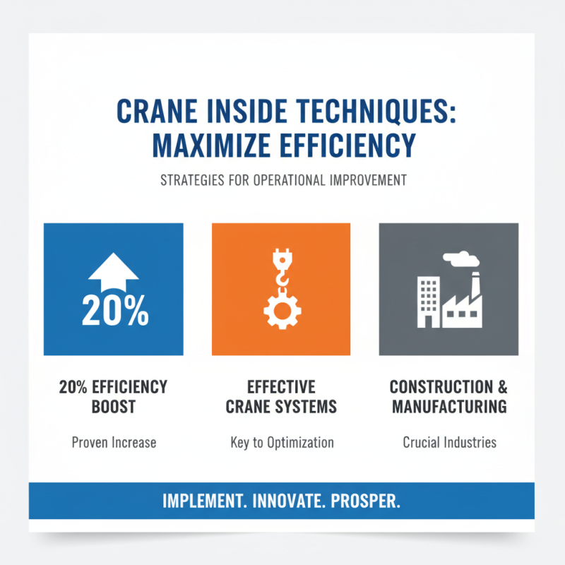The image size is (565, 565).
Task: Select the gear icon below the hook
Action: (x=280, y=309)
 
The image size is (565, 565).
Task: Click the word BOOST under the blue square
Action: (x=113, y=407)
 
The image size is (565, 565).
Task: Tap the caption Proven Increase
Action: (x=114, y=443)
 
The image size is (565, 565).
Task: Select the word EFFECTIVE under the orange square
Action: (x=281, y=387)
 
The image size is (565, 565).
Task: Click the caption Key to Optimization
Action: (x=282, y=443)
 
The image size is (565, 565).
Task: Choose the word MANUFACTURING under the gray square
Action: (x=449, y=407)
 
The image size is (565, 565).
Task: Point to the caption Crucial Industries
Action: (x=449, y=443)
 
